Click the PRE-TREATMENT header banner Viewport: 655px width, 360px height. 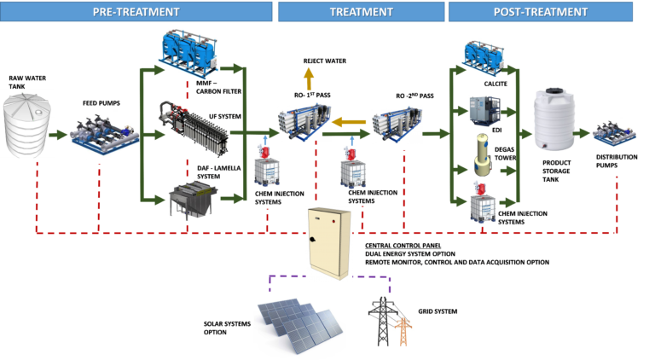pyautogui.click(x=136, y=12)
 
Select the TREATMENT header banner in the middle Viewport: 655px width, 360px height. pyautogui.click(x=361, y=12)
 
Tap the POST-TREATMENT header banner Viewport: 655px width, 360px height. pyautogui.click(x=540, y=12)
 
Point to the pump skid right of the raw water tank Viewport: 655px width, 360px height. pyautogui.click(x=103, y=135)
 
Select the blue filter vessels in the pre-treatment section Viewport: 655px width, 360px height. pyautogui.click(x=187, y=52)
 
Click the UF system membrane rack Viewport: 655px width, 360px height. pyautogui.click(x=194, y=130)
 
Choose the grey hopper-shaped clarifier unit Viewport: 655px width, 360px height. pyautogui.click(x=192, y=200)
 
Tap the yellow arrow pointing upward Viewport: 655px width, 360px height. pyautogui.click(x=308, y=78)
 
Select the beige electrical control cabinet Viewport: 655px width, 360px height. pyautogui.click(x=328, y=242)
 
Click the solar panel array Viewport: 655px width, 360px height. pyautogui.click(x=299, y=325)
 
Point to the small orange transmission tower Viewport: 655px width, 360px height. pyautogui.click(x=403, y=329)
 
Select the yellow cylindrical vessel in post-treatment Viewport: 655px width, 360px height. pyautogui.click(x=484, y=154)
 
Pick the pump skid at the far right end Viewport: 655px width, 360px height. pyautogui.click(x=614, y=134)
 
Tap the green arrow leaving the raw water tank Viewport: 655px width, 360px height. pyautogui.click(x=59, y=135)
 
